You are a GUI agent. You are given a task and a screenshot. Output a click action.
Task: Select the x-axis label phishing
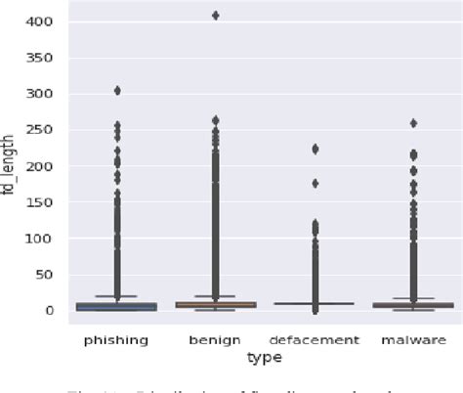click(x=116, y=340)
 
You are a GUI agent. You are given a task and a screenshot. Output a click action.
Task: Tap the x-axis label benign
click(x=215, y=340)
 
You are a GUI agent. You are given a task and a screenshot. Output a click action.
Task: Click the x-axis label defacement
click(x=314, y=340)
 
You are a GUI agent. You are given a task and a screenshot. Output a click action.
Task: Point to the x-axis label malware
click(x=412, y=340)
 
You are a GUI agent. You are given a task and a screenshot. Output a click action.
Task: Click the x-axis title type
click(x=265, y=358)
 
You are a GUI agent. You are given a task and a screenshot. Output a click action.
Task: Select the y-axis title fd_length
click(x=11, y=166)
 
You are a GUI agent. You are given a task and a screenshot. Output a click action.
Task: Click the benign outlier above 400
click(x=215, y=16)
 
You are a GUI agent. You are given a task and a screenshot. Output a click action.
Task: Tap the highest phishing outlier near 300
click(x=117, y=91)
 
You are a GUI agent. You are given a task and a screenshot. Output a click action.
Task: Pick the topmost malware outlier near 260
click(x=412, y=123)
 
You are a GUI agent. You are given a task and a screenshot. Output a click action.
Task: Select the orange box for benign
click(x=215, y=305)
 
